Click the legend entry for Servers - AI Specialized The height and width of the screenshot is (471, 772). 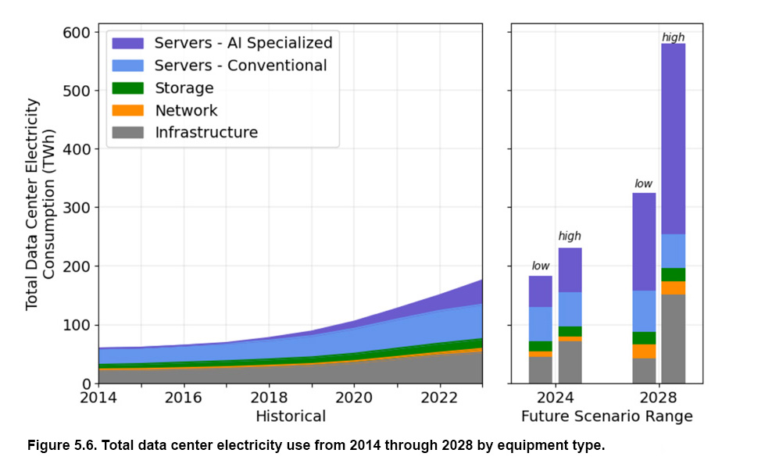[243, 42]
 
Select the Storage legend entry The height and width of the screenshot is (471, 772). [184, 87]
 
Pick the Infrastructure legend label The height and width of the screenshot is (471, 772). [206, 132]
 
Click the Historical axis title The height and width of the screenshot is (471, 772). [290, 416]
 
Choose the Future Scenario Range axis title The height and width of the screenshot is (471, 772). [606, 416]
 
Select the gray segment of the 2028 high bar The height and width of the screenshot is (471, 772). [673, 339]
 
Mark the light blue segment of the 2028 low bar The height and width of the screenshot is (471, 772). [644, 311]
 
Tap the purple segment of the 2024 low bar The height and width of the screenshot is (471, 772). [540, 291]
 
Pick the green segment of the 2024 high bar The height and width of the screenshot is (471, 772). [570, 331]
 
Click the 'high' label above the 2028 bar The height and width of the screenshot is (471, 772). [673, 37]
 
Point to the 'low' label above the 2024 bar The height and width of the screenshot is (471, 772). [540, 266]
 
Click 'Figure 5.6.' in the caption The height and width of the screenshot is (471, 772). [61, 445]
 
